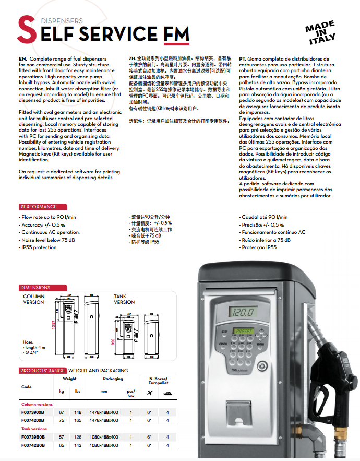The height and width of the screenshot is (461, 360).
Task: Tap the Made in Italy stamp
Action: (x=320, y=33)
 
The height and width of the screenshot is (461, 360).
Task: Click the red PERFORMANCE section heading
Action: (x=38, y=207)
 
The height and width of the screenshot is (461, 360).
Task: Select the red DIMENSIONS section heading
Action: (x=35, y=288)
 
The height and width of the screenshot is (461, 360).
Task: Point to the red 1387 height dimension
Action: (x=52, y=325)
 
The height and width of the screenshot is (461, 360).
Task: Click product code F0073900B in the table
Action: (x=33, y=412)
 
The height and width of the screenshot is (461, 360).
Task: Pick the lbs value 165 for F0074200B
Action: (x=78, y=420)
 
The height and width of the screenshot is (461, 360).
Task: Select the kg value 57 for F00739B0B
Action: (x=62, y=437)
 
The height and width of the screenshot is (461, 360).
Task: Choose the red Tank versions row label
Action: (x=33, y=429)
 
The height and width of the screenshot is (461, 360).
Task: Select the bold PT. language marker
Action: (x=243, y=59)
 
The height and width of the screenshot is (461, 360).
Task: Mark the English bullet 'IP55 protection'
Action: (x=38, y=247)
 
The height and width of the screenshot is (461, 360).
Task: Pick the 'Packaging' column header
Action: (x=113, y=379)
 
